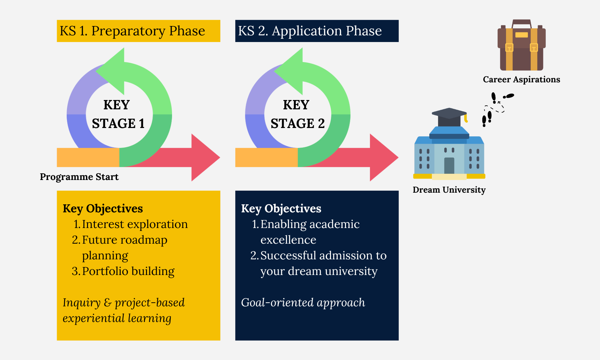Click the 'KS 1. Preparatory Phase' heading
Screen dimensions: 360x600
pyautogui.click(x=132, y=31)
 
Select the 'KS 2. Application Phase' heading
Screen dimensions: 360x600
pyautogui.click(x=310, y=31)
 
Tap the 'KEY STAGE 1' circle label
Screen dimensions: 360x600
pyautogui.click(x=118, y=114)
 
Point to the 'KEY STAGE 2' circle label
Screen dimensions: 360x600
pyautogui.click(x=297, y=114)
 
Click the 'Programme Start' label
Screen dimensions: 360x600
pyautogui.click(x=79, y=177)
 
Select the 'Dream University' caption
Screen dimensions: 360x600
pyautogui.click(x=449, y=190)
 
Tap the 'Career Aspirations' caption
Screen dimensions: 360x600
pyautogui.click(x=521, y=79)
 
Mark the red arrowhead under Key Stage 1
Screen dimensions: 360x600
pyautogui.click(x=204, y=157)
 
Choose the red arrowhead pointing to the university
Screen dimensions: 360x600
pyautogui.click(x=383, y=157)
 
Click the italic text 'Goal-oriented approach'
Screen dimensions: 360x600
pyautogui.click(x=303, y=303)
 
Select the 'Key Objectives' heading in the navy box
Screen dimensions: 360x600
pyautogui.click(x=281, y=209)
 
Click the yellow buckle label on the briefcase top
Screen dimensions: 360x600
pyautogui.click(x=521, y=35)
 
